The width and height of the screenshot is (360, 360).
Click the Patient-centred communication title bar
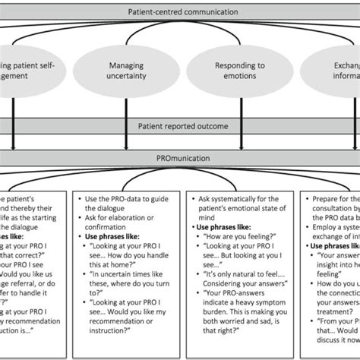point(180,10)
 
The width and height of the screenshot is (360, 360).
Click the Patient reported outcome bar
point(180,127)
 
